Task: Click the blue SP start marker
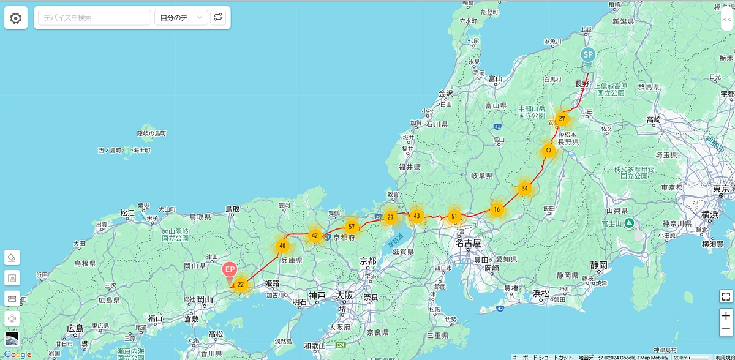click(x=588, y=55)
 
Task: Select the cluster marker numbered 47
click(x=548, y=150)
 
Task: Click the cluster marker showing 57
click(x=351, y=227)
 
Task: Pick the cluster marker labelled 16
click(x=497, y=209)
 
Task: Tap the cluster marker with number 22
click(x=241, y=284)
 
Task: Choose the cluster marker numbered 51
click(x=454, y=216)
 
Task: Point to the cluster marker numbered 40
click(x=282, y=246)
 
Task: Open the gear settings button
click(x=16, y=18)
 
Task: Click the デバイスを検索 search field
click(x=94, y=18)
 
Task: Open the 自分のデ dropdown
click(x=181, y=18)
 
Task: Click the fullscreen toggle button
click(x=726, y=296)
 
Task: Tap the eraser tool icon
click(x=12, y=257)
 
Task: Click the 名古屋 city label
click(x=468, y=243)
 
